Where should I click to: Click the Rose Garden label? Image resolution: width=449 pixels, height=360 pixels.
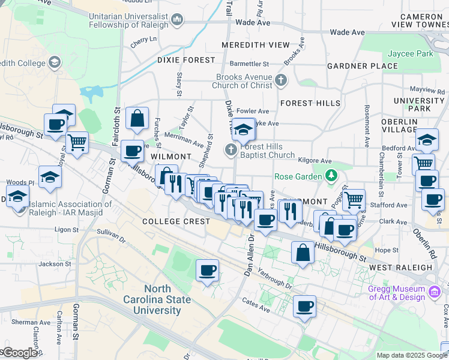(x=298, y=176)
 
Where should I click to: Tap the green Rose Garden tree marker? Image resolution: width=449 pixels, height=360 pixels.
(x=330, y=176)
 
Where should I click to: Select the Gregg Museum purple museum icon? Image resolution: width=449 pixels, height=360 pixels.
(x=435, y=293)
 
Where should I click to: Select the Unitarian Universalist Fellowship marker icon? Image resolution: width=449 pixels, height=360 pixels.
(x=177, y=21)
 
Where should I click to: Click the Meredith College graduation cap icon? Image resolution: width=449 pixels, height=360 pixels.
(x=55, y=62)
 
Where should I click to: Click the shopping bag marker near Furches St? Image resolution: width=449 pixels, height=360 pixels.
(x=137, y=118)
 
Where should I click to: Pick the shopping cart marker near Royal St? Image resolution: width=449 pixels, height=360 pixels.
(x=77, y=143)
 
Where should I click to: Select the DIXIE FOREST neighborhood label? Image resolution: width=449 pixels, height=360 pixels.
(x=185, y=60)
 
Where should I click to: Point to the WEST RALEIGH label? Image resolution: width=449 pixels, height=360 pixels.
(x=400, y=267)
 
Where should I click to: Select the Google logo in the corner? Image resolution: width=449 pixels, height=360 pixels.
(x=20, y=353)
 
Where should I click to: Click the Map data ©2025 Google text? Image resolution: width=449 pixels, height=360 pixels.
(x=412, y=355)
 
